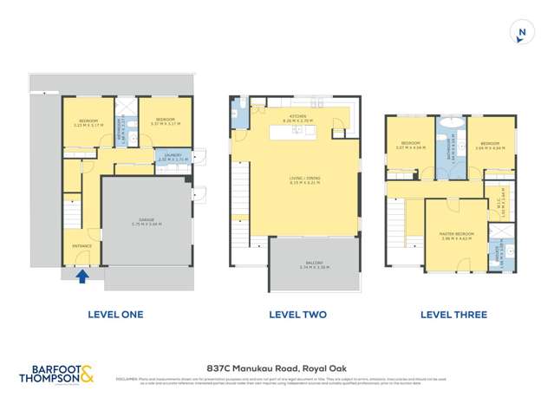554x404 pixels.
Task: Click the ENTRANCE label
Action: point(81,246)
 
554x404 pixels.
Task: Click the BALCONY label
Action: point(314,264)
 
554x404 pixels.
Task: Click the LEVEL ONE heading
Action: point(115,315)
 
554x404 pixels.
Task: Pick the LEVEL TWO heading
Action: point(297,315)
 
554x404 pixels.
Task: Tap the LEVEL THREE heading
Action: point(453,315)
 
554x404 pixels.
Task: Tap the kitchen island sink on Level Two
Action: point(297,131)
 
